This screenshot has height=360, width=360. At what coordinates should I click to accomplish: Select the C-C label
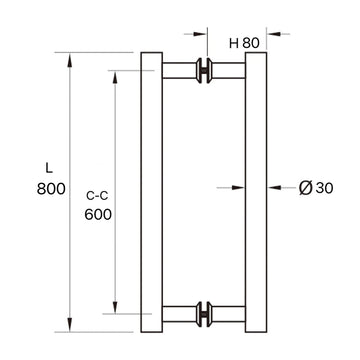[x=97, y=195]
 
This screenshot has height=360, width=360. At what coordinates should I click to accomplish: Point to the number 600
[x=97, y=214]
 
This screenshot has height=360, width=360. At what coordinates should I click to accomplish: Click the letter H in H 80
[x=233, y=42]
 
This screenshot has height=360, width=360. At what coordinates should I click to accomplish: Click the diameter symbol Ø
[x=306, y=186]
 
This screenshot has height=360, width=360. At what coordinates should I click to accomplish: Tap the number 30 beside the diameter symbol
[x=322, y=186]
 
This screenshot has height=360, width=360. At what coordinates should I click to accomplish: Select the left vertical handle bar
[x=151, y=190]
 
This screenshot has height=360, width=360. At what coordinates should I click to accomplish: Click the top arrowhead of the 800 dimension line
[x=69, y=59]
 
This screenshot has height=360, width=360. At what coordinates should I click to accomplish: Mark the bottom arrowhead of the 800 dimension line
[x=69, y=322]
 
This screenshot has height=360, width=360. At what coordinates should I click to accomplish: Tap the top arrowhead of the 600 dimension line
[x=116, y=77]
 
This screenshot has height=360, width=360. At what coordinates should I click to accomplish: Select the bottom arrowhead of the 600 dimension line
[x=116, y=304]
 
